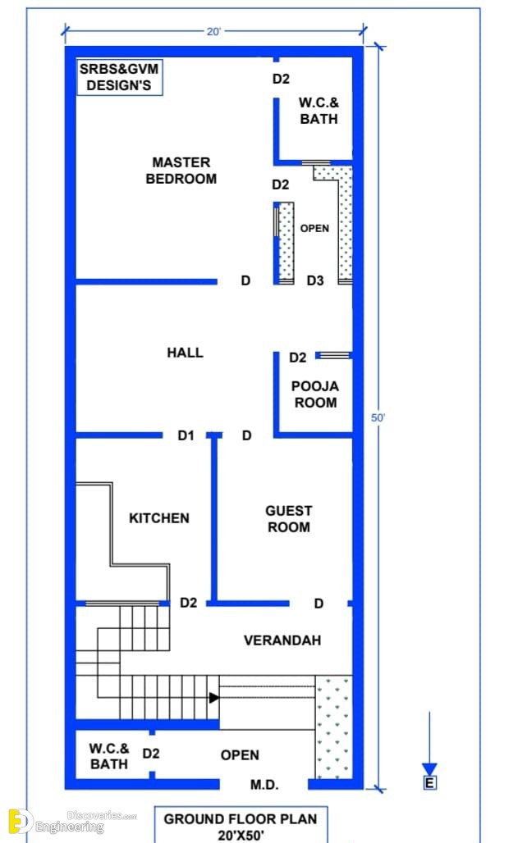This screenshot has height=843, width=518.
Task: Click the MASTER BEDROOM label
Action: pyautogui.click(x=181, y=171)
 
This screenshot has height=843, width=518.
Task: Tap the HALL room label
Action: pyautogui.click(x=186, y=353)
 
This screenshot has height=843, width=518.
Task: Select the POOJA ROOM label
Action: pyautogui.click(x=315, y=394)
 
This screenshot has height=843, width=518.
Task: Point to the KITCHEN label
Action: pyautogui.click(x=159, y=518)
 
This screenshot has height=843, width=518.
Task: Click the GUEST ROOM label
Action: pyautogui.click(x=289, y=519)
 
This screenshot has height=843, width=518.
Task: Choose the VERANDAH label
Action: pyautogui.click(x=282, y=640)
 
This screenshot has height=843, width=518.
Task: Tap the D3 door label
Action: pyautogui.click(x=315, y=280)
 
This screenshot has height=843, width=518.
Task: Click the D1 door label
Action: pyautogui.click(x=186, y=435)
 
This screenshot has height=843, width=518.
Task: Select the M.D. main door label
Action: pyautogui.click(x=264, y=786)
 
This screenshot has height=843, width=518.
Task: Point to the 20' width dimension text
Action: pyautogui.click(x=213, y=32)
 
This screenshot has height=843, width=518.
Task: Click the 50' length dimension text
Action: pyautogui.click(x=378, y=417)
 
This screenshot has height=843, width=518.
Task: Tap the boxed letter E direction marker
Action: pyautogui.click(x=429, y=783)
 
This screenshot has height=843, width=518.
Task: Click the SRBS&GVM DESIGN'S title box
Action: pyautogui.click(x=120, y=77)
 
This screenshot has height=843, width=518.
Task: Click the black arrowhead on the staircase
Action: pyautogui.click(x=214, y=697)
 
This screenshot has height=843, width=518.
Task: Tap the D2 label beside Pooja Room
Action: pyautogui.click(x=298, y=358)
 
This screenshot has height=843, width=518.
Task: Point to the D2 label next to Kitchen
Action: pyautogui.click(x=189, y=603)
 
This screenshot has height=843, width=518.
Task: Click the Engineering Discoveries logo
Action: pyautogui.click(x=71, y=822)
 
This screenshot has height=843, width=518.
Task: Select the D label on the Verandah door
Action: pyautogui.click(x=319, y=604)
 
